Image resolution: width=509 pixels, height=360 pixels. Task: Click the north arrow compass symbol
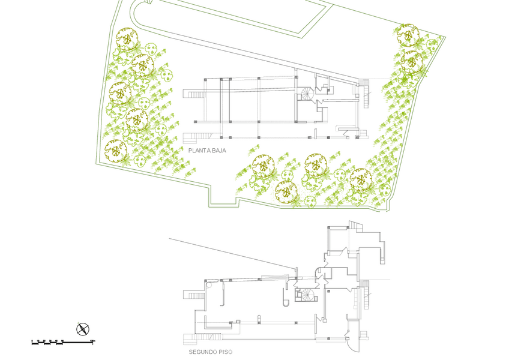point(82,328)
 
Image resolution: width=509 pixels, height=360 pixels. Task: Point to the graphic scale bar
point(63,342)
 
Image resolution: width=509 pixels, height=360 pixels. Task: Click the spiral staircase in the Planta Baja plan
point(307,94)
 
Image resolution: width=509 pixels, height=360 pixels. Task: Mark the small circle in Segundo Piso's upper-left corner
point(208,286)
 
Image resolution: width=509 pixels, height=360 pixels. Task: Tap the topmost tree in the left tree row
point(127,40)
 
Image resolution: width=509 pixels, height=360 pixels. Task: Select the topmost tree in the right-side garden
point(408,34)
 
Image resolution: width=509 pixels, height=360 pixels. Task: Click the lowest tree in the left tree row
point(115,149)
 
